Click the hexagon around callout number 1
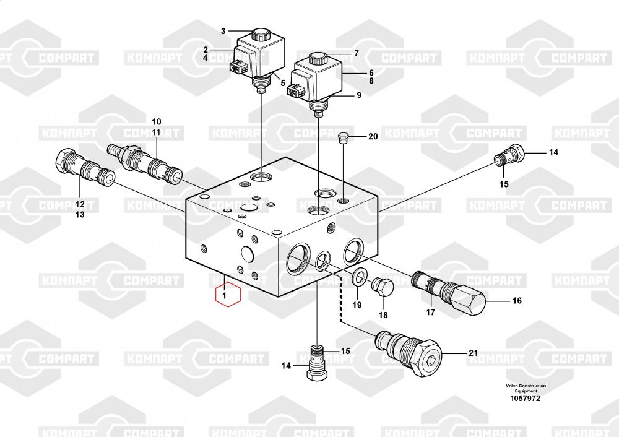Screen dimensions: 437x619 tap(227, 295)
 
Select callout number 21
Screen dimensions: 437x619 tap(474, 353)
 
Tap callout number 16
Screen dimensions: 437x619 tap(517, 301)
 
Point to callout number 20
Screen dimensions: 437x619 tap(373, 137)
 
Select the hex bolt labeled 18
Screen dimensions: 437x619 tap(382, 287)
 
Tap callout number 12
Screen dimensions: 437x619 tap(80, 204)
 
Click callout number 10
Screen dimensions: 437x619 tap(156, 121)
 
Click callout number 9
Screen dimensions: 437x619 tap(358, 96)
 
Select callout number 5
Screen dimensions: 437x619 tap(282, 83)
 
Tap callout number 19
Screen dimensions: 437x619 tap(357, 305)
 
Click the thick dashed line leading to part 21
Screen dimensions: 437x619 tap(340, 303)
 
